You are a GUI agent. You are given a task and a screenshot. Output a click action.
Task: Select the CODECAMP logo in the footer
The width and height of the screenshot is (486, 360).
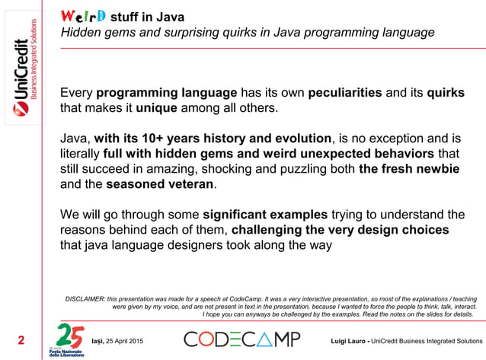click(x=242, y=339)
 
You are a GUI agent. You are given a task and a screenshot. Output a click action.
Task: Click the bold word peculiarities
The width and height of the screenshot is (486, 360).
click(x=344, y=93)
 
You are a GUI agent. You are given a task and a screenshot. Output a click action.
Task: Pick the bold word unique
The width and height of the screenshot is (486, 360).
click(x=156, y=108)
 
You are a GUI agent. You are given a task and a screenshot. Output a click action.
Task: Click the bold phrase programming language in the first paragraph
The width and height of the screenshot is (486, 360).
click(x=167, y=93)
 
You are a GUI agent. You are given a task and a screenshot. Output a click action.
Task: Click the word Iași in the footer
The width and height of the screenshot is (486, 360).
click(x=100, y=339)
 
